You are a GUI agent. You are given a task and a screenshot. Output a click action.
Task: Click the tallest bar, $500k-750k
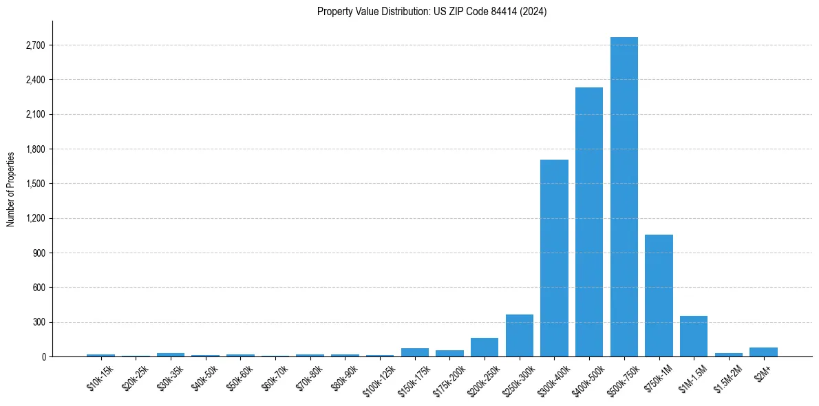(x=624, y=197)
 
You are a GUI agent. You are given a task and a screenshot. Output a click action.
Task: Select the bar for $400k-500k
(x=589, y=222)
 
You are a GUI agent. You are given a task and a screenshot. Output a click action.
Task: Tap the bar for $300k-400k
(x=554, y=258)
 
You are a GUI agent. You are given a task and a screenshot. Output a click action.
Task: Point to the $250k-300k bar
(x=520, y=336)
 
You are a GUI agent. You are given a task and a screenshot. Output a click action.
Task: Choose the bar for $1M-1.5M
(x=694, y=336)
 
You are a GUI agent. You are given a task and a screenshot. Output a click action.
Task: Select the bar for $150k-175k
(x=415, y=352)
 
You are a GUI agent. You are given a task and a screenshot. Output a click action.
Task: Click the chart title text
(x=432, y=12)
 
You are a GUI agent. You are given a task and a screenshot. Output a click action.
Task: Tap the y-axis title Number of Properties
(x=11, y=189)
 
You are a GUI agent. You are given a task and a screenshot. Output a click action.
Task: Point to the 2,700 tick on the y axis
(x=35, y=45)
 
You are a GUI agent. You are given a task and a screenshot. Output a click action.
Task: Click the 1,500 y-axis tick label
(x=35, y=184)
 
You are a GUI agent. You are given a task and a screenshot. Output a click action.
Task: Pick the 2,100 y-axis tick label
(x=35, y=114)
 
